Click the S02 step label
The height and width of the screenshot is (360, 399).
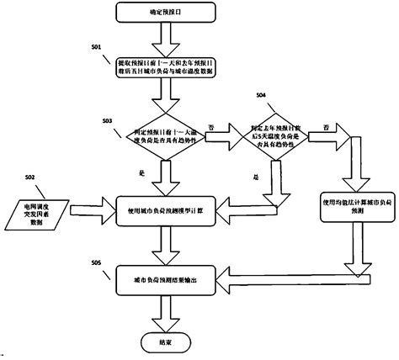30,177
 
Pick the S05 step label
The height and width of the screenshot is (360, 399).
98,263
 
